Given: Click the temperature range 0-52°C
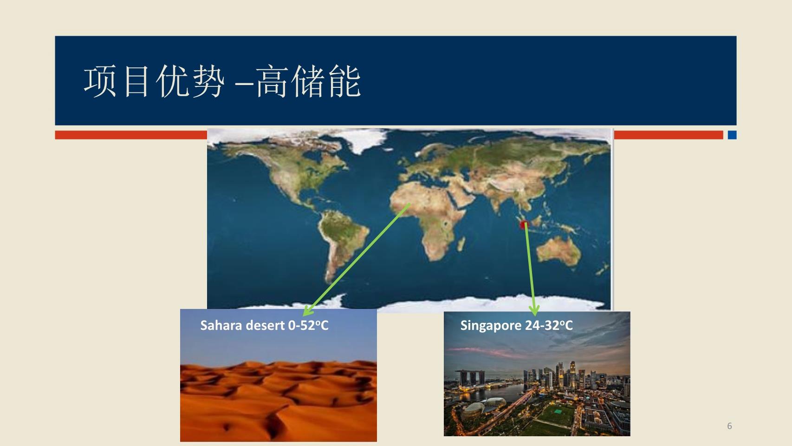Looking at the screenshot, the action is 308,325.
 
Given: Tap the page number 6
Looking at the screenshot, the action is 729,426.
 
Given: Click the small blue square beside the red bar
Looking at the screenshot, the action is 732,135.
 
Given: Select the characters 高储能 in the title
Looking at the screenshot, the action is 308,81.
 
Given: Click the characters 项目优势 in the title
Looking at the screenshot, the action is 154,81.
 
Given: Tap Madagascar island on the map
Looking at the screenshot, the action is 461,244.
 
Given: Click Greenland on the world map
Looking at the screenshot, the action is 361,140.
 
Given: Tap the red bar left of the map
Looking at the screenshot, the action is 131,135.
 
